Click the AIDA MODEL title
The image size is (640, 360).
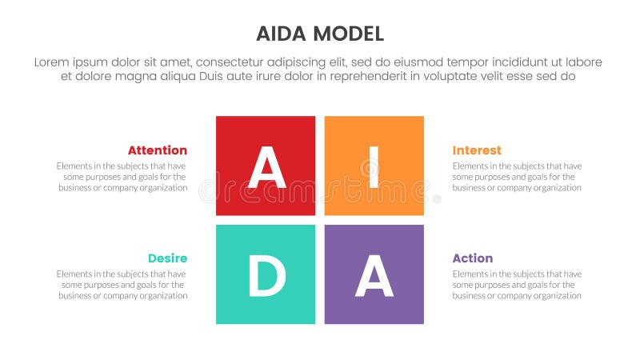pos(320,34)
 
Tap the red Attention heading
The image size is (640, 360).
pos(158,150)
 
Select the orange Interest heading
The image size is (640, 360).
pos(477,150)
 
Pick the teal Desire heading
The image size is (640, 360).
pos(167,258)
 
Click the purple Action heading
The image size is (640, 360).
pos(472,258)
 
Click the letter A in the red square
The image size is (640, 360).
pos(266,167)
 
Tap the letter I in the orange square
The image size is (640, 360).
pos(374,167)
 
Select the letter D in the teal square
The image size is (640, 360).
pos(266,277)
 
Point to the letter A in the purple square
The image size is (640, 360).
pos(374,277)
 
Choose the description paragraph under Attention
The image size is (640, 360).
pos(122,177)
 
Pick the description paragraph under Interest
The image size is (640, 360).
pos(517,177)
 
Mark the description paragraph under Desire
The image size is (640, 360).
pos(122,285)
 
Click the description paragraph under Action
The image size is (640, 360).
pos(517,285)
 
